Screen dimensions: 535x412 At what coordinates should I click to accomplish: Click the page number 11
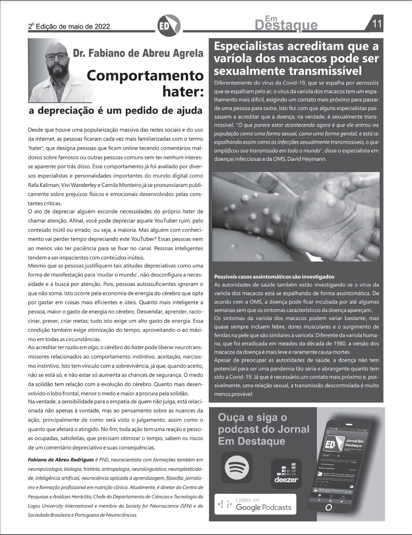[377, 24]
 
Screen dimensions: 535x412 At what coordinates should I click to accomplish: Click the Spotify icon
[237, 467]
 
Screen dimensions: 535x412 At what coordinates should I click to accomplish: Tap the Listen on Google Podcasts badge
[255, 504]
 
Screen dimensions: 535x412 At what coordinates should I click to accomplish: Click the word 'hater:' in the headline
[183, 91]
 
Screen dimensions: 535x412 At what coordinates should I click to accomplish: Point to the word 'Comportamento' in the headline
[145, 75]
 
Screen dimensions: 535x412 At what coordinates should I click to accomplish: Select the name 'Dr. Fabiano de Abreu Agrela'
[138, 53]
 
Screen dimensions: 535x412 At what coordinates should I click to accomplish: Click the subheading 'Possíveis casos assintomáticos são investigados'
[274, 277]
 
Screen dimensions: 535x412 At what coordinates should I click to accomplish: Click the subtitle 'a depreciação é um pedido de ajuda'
[116, 111]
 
